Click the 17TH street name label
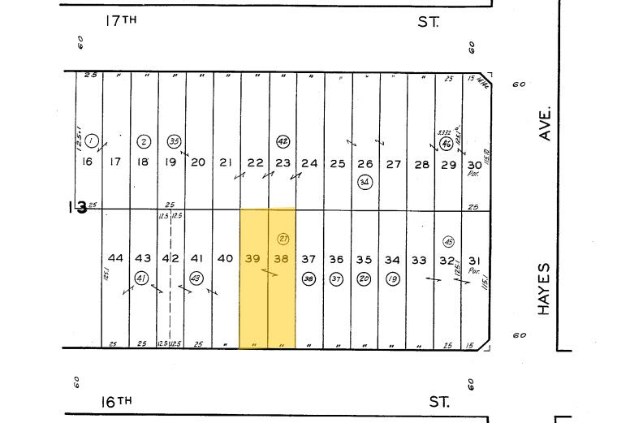point(120,21)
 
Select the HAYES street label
point(545,289)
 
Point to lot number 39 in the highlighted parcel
point(252,259)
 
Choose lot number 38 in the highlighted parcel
point(281,259)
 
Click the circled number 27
point(283,239)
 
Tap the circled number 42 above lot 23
point(283,141)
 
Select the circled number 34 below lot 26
point(365,182)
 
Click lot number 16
point(88,162)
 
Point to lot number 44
point(115,258)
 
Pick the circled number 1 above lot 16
point(92,141)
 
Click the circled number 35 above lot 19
point(174,141)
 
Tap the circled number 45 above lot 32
point(448,242)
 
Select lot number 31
point(475,260)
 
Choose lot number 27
point(393,163)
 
